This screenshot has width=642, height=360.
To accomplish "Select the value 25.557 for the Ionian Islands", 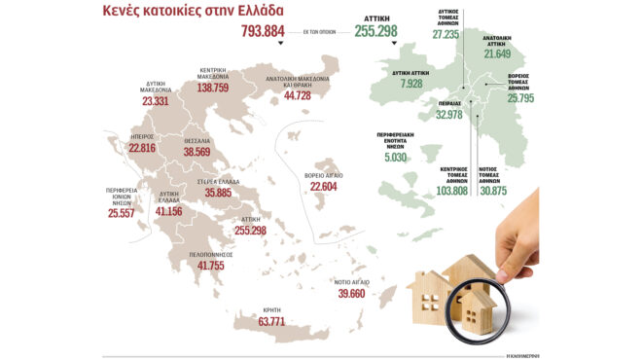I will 125,212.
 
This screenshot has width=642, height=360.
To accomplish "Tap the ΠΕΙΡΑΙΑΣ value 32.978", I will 448,114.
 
